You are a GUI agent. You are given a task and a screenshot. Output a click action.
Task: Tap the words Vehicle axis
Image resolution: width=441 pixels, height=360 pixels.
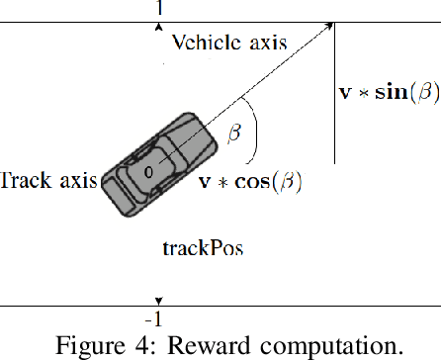point(228,43)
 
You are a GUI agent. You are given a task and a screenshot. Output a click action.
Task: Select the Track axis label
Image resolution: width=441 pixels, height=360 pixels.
point(48,180)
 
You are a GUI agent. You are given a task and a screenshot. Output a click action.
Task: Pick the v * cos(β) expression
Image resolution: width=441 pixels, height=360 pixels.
point(250,182)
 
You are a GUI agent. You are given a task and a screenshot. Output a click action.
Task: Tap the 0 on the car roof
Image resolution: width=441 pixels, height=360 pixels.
point(148,172)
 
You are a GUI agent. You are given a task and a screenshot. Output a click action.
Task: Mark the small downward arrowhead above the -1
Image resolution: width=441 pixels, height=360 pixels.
point(158,302)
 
